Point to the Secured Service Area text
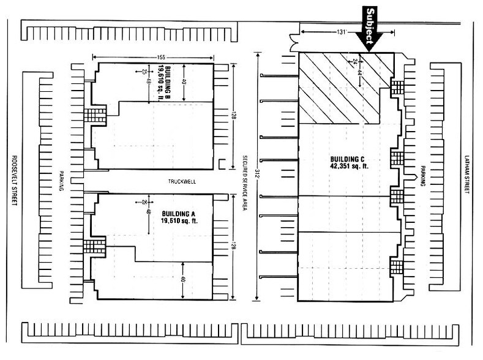[244, 181]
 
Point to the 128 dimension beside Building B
[234, 116]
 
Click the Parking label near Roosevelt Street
[62, 181]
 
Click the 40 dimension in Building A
[184, 279]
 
